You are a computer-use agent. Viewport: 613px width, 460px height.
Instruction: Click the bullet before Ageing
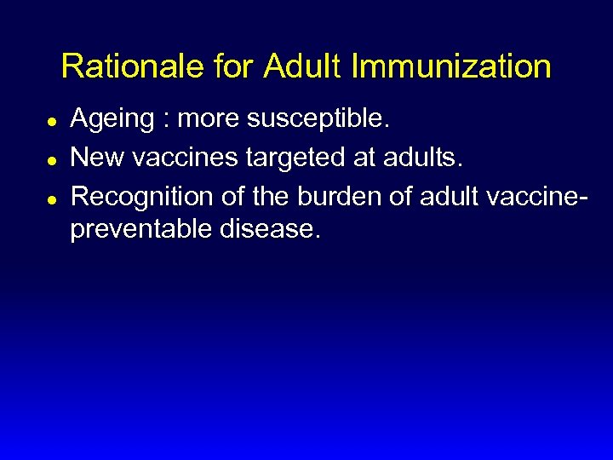click(x=52, y=122)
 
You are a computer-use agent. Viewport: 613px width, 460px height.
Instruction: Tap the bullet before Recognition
click(x=52, y=198)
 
